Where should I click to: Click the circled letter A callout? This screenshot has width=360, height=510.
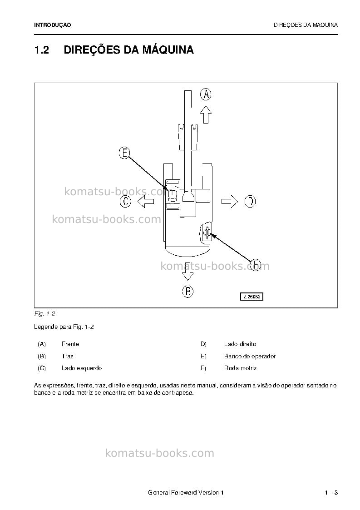[x=206, y=94]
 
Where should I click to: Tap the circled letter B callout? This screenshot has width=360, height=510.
[x=187, y=291]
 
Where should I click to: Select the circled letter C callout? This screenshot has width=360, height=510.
[x=126, y=201]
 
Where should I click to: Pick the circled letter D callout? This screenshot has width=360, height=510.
[x=250, y=201]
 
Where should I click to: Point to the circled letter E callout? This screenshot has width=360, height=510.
[x=124, y=153]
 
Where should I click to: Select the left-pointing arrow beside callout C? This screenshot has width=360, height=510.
[x=146, y=202]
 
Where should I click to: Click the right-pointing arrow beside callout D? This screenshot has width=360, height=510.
[x=230, y=202]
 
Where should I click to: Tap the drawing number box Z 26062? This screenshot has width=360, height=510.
[x=252, y=297]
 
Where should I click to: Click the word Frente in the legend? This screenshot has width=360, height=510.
[x=70, y=344]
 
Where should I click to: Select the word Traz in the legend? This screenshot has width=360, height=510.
[x=67, y=356]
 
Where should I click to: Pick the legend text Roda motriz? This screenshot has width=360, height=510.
[x=240, y=368]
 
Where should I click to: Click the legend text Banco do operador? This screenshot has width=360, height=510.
[x=250, y=356]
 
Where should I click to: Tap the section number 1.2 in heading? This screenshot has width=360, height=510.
[x=42, y=50]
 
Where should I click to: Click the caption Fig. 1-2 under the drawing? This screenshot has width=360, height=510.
[x=44, y=314]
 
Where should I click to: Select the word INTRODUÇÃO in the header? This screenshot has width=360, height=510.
[x=52, y=25]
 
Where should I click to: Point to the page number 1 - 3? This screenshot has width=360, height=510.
[x=331, y=492]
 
